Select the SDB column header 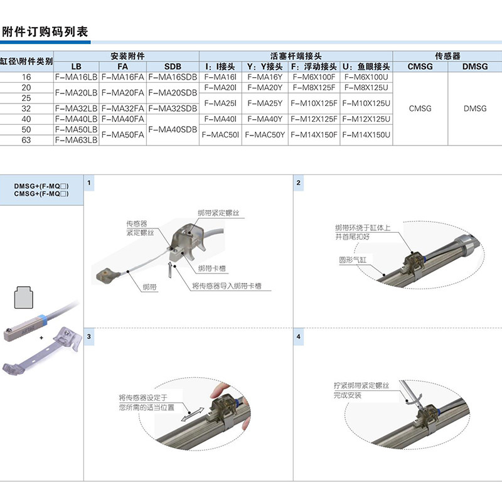pyautogui.click(x=173, y=67)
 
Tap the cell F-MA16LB pyautogui.click(x=76, y=77)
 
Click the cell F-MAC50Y pyautogui.click(x=265, y=135)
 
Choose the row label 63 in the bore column pyautogui.click(x=26, y=141)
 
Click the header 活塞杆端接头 pyautogui.click(x=296, y=56)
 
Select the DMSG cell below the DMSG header pyautogui.click(x=475, y=109)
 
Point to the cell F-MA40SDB pyautogui.click(x=173, y=130)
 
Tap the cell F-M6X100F pyautogui.click(x=314, y=77)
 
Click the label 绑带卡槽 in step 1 pyautogui.click(x=211, y=269)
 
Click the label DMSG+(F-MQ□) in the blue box pyautogui.click(x=41, y=186)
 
